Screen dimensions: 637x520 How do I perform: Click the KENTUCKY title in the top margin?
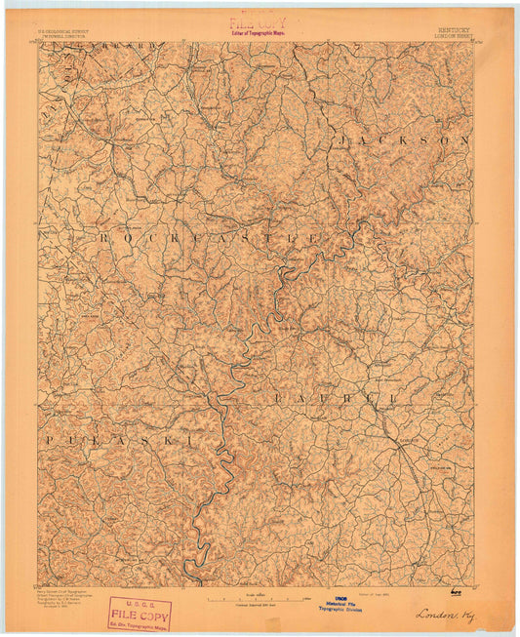coord(454,29)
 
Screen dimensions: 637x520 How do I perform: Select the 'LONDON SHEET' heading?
coord(454,35)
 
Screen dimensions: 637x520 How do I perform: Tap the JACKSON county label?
coord(403,140)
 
